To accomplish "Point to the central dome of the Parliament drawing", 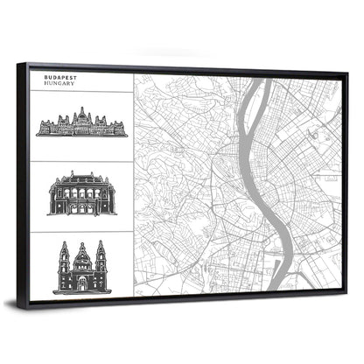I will [x=82, y=114].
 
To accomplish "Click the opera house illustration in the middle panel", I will [x=82, y=193].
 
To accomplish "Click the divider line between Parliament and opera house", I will [x=82, y=158].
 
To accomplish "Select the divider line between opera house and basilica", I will [x=82, y=231].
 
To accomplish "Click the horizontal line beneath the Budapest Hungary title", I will [x=82, y=89].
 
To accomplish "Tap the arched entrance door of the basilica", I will [x=81, y=285].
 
